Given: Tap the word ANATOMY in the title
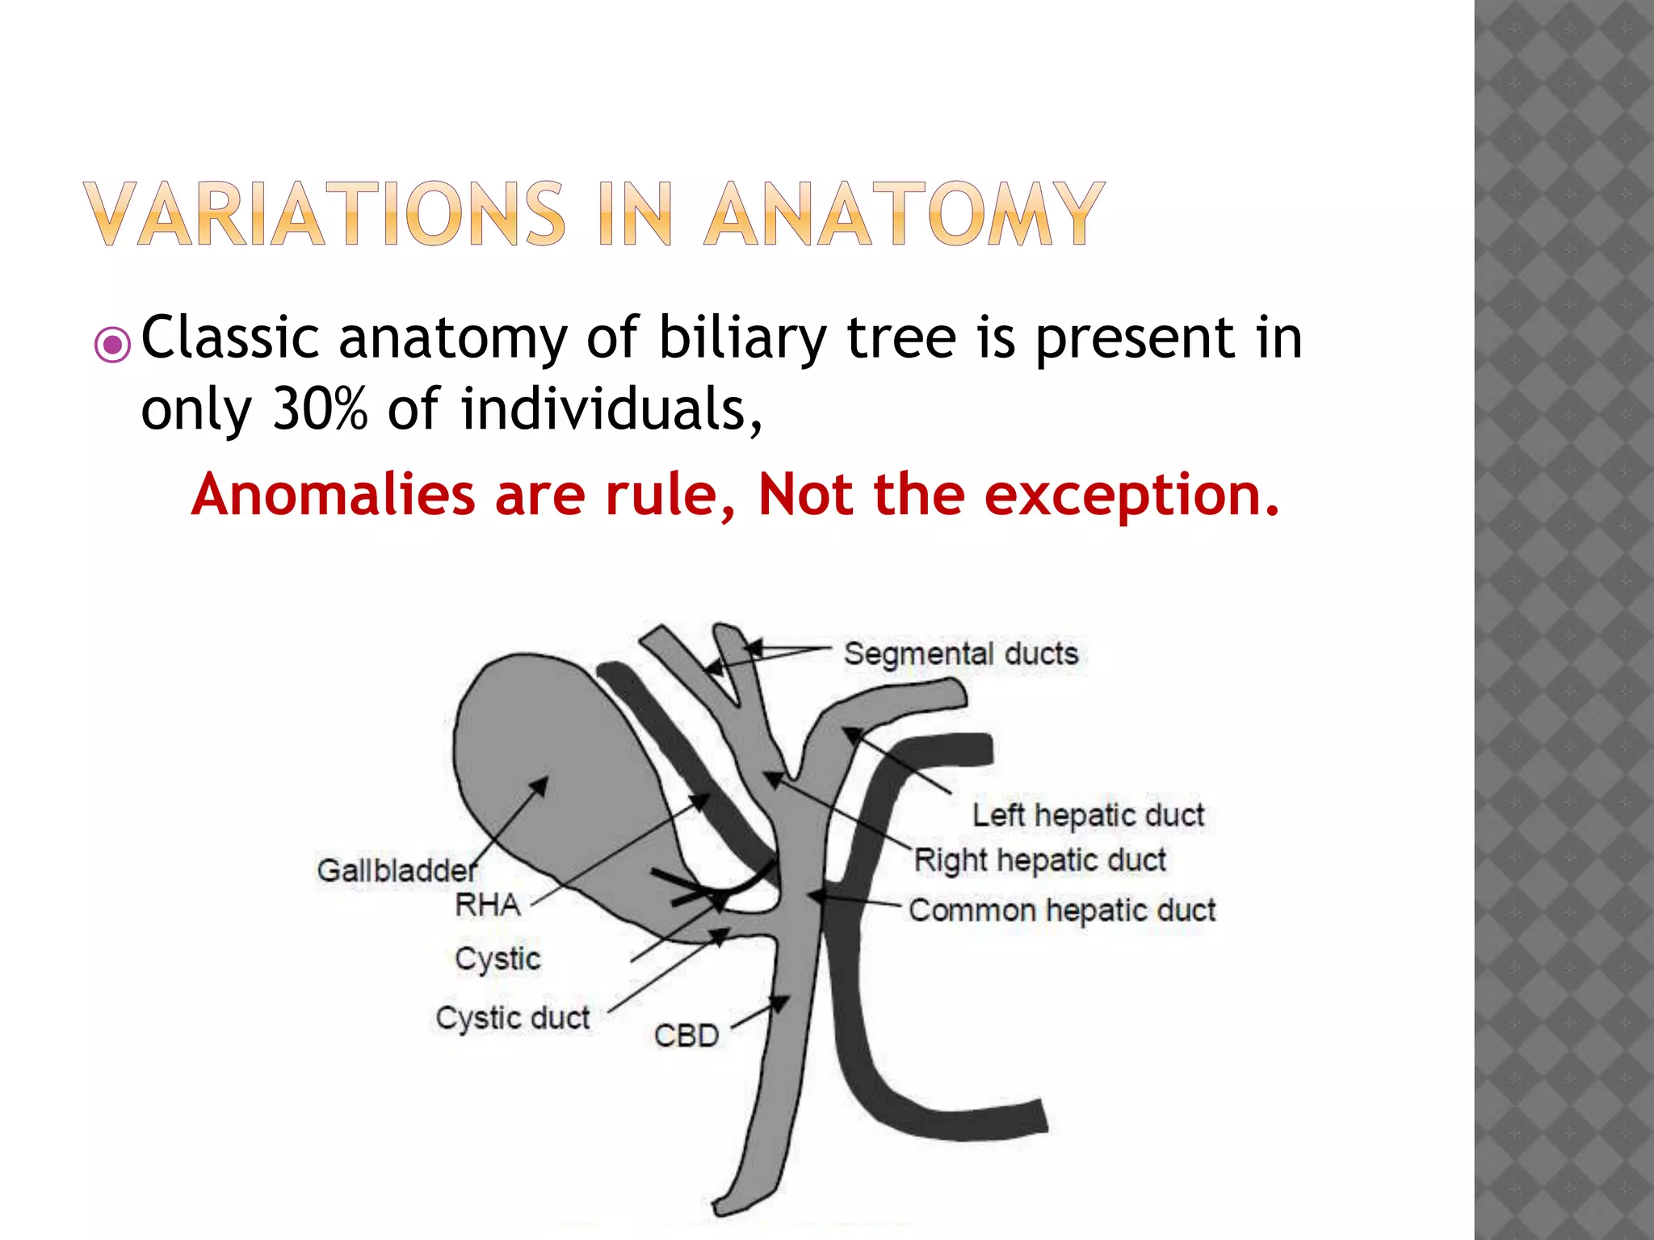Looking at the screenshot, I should coord(905,213).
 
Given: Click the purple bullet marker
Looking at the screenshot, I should coord(112,346).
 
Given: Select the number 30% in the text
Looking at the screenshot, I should coord(320,408).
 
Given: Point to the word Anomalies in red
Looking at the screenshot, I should coord(334,494).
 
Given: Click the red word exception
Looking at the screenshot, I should coord(1131,494).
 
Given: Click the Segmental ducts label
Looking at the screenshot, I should coord(961,653).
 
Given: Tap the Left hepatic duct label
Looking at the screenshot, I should coord(1088,815).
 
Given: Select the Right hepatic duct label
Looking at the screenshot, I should coord(1040,861).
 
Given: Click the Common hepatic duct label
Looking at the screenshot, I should coord(1062,911).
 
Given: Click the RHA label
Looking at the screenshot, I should coord(488,905).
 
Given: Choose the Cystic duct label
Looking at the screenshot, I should coord(513,1018).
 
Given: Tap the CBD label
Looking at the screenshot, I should coord(686,1036).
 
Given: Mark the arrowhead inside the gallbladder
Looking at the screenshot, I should coord(540,785).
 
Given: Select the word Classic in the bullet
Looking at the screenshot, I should coord(230,337).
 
